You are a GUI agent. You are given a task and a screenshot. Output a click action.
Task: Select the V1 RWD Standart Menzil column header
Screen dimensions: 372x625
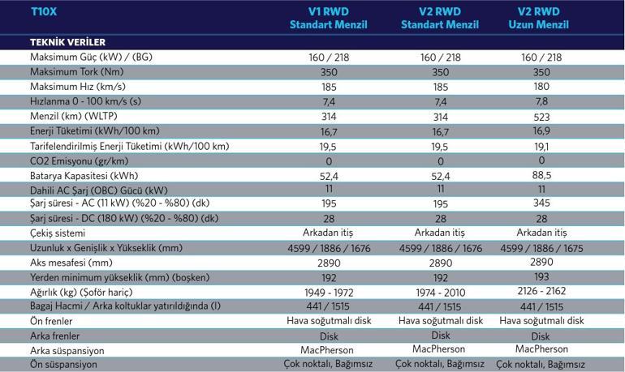click(x=328, y=19)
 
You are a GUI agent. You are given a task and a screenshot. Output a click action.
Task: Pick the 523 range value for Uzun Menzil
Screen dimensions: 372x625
click(x=541, y=116)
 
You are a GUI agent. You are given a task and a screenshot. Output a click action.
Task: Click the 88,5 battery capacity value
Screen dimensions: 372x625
click(x=541, y=174)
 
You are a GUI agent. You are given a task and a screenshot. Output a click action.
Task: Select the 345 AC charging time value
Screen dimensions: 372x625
click(x=541, y=203)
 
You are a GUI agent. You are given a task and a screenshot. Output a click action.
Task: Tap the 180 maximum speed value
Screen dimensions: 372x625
click(x=541, y=86)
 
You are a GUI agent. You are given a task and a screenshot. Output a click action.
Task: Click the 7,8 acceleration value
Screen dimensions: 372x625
click(x=541, y=101)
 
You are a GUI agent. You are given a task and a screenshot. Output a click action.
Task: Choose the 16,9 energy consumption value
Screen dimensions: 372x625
click(x=541, y=131)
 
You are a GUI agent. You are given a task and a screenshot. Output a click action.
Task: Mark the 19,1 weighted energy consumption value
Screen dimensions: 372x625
click(x=541, y=146)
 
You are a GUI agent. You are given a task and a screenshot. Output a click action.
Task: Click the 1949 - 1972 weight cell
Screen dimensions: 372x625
click(x=328, y=292)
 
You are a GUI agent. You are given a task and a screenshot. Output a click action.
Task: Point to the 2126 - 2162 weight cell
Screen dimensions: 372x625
click(x=541, y=292)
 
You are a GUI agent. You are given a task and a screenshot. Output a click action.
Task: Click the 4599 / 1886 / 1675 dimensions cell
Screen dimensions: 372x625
click(x=541, y=248)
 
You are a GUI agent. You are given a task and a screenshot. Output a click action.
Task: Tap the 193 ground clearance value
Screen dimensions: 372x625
click(x=541, y=277)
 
